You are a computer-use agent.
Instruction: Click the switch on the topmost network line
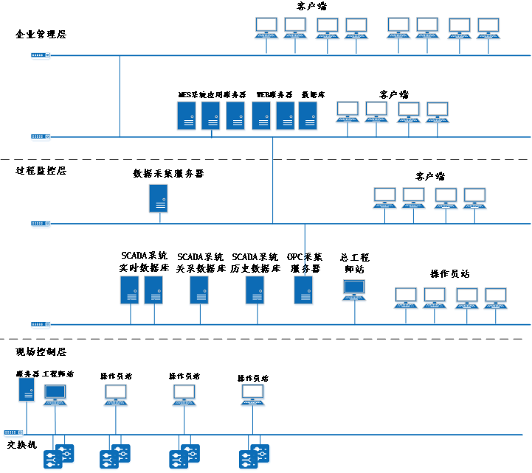tap(41, 56)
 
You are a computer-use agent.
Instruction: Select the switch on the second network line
tap(41, 137)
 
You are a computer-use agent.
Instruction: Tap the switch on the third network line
tap(41, 224)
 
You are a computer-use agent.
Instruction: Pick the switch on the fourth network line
tap(41, 324)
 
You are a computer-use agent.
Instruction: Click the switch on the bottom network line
tap(13, 433)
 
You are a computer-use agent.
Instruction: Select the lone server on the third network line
tap(159, 199)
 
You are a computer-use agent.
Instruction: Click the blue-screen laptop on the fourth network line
tap(354, 290)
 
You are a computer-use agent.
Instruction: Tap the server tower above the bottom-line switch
tap(27, 390)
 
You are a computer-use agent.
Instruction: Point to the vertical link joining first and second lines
tap(120, 96)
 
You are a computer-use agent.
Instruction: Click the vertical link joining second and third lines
tap(273, 181)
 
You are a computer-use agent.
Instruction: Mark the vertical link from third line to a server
tap(305, 250)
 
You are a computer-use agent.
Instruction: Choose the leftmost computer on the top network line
tap(266, 28)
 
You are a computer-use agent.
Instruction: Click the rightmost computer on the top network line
tap(488, 28)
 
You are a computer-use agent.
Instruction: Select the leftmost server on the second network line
tap(186, 116)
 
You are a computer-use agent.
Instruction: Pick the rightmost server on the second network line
tap(308, 116)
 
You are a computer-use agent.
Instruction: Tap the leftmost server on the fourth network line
tap(130, 291)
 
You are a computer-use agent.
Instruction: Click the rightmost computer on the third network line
tap(474, 198)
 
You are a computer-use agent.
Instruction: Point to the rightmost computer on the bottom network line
tap(253, 396)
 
